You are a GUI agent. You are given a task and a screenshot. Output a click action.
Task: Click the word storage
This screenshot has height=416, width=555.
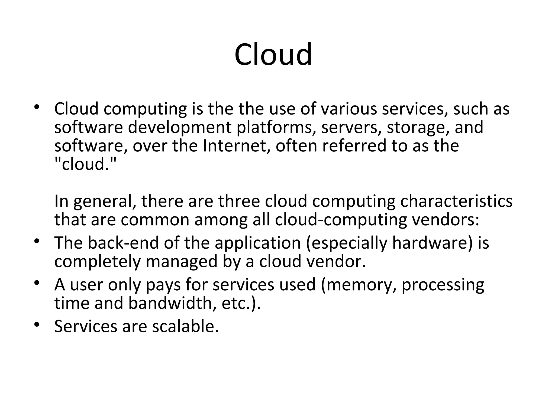[x=416, y=127]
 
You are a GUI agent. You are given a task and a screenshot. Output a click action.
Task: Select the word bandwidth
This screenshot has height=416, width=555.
[x=172, y=303]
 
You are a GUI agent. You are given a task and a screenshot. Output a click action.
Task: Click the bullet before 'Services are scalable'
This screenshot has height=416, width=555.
[x=37, y=324]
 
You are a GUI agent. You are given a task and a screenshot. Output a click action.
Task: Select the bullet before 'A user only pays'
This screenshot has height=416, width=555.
[x=37, y=283]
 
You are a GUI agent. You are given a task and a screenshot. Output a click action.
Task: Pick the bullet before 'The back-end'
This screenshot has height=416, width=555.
[x=37, y=241]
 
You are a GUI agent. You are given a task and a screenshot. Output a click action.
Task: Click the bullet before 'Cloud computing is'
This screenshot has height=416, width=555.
[x=37, y=107]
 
